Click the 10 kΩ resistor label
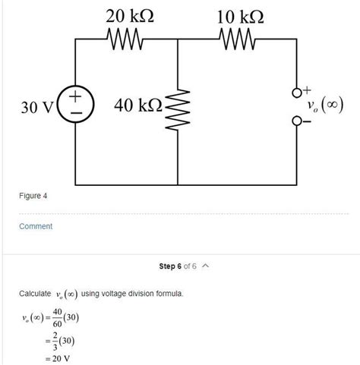tap(241, 14)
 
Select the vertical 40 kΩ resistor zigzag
tap(178, 114)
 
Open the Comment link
tap(36, 226)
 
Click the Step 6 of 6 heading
tap(178, 266)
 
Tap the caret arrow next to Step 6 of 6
tap(205, 266)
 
